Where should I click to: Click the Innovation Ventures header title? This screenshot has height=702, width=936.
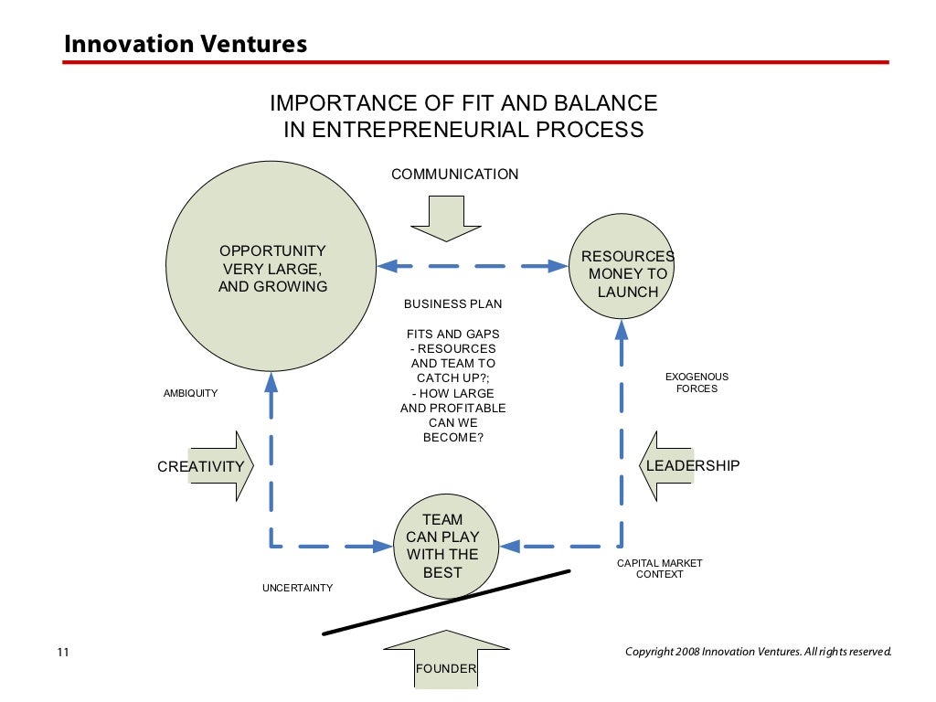185,43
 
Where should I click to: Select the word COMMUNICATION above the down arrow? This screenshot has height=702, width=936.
454,174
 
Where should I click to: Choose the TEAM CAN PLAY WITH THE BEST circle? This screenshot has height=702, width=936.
441,547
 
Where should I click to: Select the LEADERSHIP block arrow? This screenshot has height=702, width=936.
676,465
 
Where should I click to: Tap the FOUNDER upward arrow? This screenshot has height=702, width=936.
445,664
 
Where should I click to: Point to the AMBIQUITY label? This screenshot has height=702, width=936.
190,393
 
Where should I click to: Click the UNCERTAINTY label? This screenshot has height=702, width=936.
297,588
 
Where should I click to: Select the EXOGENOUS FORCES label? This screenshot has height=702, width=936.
697,382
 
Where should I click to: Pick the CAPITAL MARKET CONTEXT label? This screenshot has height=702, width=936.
659,569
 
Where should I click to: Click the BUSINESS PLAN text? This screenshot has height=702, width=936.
452,304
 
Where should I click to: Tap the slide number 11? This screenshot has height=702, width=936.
63,653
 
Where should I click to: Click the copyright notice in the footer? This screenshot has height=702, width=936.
758,652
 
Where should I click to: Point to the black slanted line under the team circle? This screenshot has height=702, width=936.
446,602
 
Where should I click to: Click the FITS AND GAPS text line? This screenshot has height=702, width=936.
452,335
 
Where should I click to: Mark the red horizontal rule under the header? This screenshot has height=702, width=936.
475,62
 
